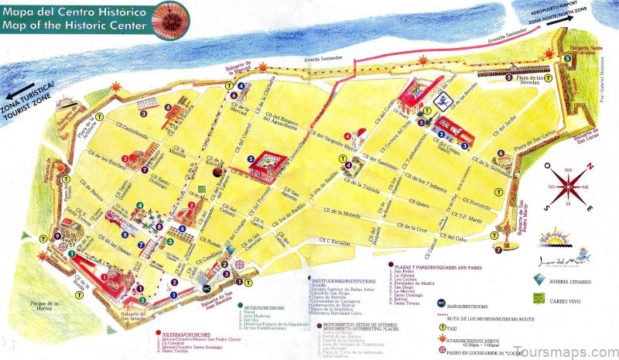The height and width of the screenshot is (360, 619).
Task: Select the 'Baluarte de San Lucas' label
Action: tap(587, 137)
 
